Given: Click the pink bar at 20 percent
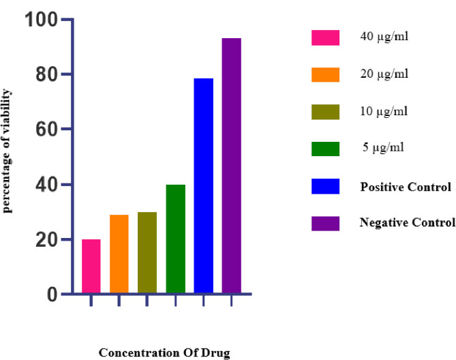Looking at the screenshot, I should [91, 267].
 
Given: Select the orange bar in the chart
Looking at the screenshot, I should [119, 254].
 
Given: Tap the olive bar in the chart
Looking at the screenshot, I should [147, 253].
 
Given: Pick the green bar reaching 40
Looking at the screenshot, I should [175, 239].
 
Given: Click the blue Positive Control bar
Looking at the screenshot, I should [203, 186].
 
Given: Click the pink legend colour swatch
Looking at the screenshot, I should [325, 37].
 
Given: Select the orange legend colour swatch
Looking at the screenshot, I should [325, 74].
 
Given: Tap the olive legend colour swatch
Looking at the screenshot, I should [325, 111].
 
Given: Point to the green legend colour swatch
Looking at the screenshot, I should [325, 148].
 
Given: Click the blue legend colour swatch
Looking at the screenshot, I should [325, 185].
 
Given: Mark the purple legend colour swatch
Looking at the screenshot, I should [325, 222].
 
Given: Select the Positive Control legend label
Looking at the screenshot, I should [406, 187].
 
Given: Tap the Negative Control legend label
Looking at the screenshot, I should [407, 223].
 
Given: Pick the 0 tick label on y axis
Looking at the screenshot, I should [52, 295].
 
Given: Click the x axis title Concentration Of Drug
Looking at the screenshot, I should [164, 352].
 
